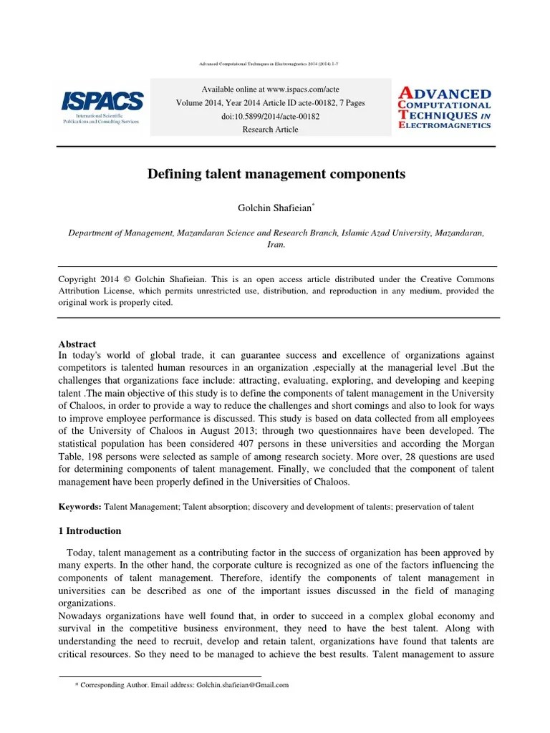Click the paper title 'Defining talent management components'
pyautogui.click(x=276, y=174)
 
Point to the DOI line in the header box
pyautogui.click(x=270, y=116)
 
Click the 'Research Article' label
pyautogui.click(x=270, y=130)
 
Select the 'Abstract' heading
pyautogui.click(x=77, y=344)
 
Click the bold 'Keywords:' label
pyautogui.click(x=79, y=507)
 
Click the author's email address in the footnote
pyautogui.click(x=242, y=685)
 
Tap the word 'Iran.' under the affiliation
pyautogui.click(x=276, y=244)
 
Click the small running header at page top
pyautogui.click(x=269, y=64)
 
